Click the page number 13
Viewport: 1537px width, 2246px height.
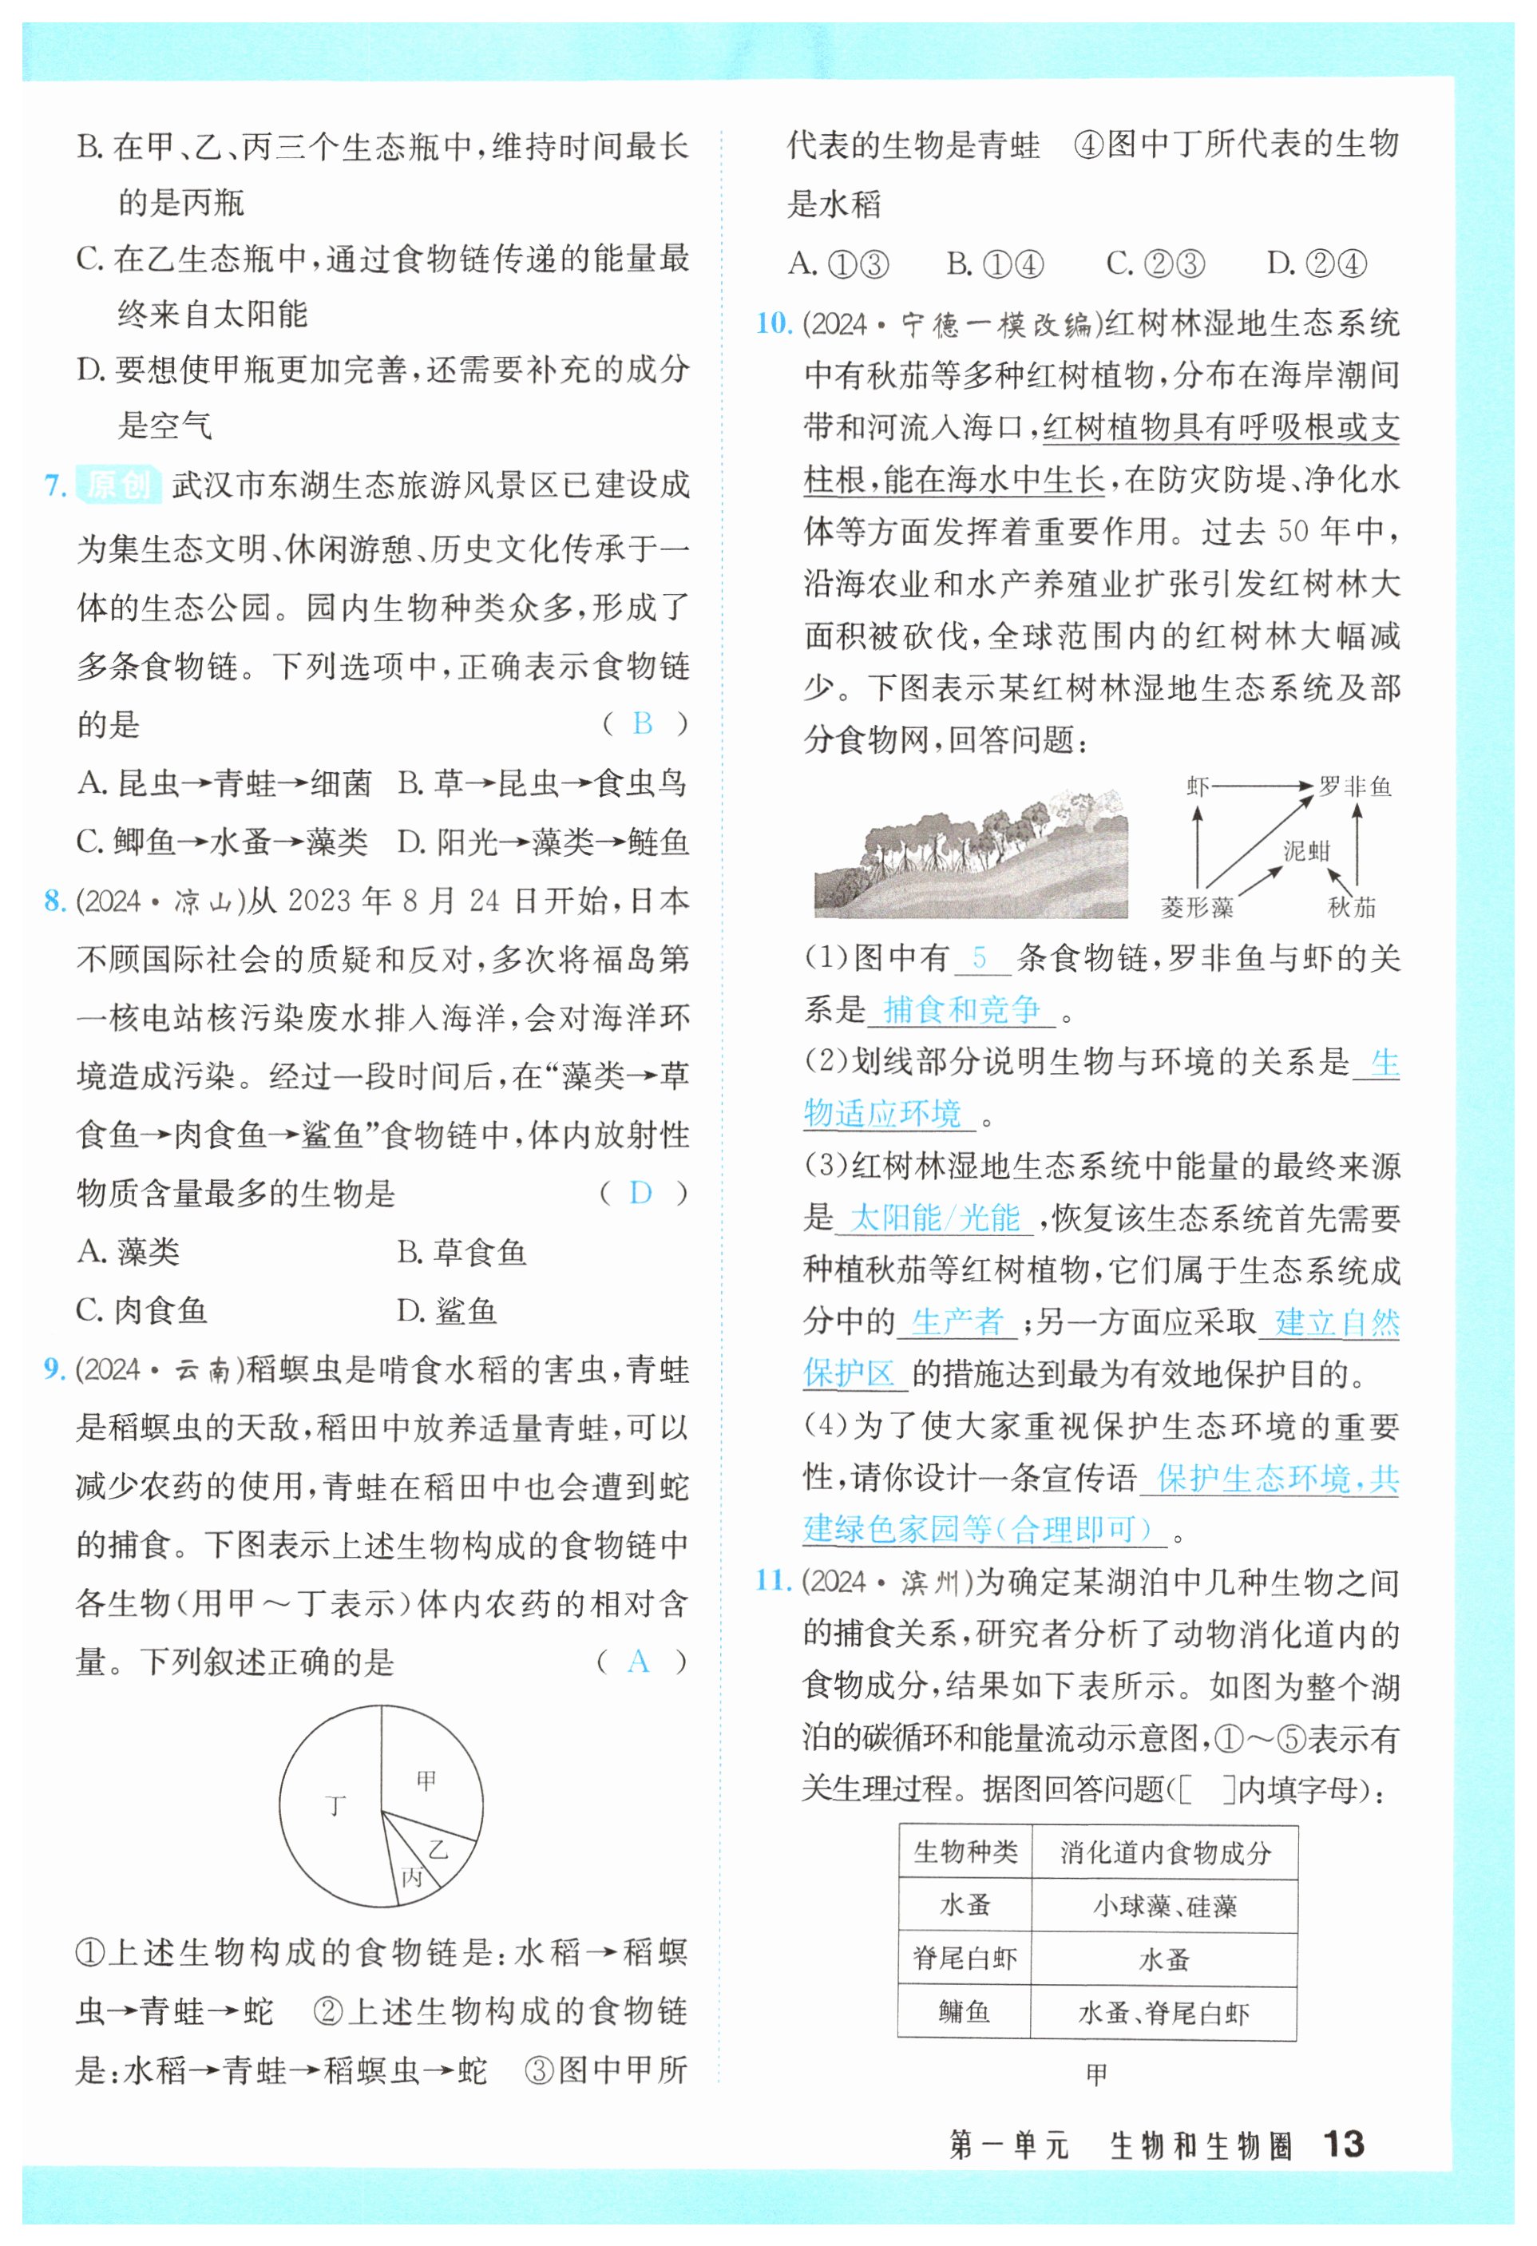coord(1343,2145)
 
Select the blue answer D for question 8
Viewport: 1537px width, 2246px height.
coord(640,1193)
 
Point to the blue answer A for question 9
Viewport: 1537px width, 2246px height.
coord(638,1662)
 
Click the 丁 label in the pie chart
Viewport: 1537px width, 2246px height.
coord(335,1805)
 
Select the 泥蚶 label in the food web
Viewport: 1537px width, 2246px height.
coord(1306,850)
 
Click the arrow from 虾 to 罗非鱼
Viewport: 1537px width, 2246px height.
coord(1262,786)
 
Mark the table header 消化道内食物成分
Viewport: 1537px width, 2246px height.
coord(1165,1852)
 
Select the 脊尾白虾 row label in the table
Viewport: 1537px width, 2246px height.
coord(965,1959)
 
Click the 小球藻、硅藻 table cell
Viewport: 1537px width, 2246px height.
coord(1165,1906)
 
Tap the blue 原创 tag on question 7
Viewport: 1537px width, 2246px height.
coord(118,483)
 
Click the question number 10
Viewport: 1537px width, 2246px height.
coord(774,323)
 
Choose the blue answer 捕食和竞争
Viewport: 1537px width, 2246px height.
coord(962,1009)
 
